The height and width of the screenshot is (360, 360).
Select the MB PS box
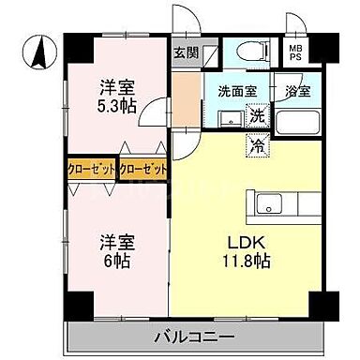point(295,52)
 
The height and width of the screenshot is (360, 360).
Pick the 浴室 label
point(297,92)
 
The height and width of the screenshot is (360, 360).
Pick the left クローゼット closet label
point(90,171)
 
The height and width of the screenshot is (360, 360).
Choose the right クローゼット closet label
point(142,171)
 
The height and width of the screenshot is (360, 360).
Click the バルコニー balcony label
point(196,336)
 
